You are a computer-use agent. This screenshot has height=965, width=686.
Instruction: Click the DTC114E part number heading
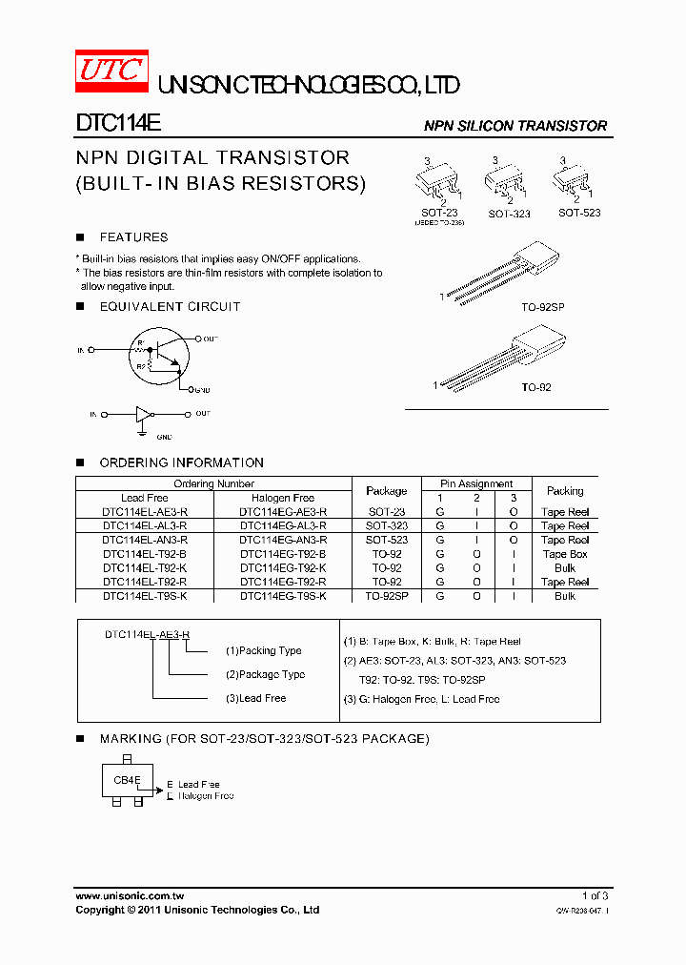[118, 124]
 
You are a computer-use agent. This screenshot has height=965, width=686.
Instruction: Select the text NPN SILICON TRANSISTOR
[514, 126]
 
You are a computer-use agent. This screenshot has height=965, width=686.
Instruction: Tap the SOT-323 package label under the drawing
[509, 215]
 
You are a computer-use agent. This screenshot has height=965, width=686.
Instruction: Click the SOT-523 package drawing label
[579, 213]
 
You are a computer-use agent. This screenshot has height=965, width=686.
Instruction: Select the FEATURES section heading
[133, 237]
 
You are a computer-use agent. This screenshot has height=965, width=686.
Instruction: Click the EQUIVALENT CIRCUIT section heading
[170, 306]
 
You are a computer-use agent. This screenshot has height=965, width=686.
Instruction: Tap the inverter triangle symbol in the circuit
[143, 415]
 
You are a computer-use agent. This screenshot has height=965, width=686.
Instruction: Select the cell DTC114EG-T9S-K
[283, 596]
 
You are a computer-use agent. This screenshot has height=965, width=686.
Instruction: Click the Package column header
[386, 491]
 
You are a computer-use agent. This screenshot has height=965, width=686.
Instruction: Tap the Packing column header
[565, 491]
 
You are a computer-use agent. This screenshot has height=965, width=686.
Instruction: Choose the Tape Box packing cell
[565, 554]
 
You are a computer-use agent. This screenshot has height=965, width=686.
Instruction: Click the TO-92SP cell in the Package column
[386, 596]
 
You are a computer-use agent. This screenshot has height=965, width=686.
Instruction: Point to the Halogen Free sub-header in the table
[283, 498]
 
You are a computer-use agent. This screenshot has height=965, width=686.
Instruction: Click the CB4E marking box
[129, 780]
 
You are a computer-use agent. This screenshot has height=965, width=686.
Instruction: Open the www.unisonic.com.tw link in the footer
[130, 896]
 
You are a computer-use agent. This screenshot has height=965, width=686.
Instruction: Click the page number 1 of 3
[595, 896]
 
